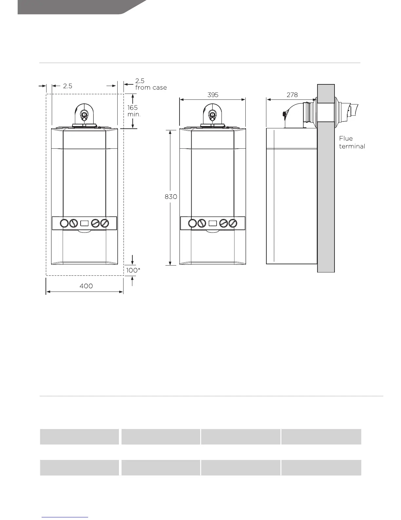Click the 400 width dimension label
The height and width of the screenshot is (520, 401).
click(x=86, y=286)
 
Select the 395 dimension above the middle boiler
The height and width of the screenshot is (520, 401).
click(x=213, y=95)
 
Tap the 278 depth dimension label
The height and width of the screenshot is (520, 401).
click(x=292, y=95)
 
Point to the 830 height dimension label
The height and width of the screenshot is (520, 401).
click(x=171, y=197)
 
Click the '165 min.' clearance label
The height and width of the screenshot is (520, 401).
click(x=134, y=111)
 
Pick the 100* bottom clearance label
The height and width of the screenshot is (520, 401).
click(x=133, y=270)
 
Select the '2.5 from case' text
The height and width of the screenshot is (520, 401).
click(x=151, y=84)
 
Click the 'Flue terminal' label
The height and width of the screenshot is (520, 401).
click(x=352, y=142)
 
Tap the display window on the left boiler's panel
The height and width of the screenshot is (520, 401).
click(x=84, y=224)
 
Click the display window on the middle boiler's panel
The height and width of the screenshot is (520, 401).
click(x=213, y=224)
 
